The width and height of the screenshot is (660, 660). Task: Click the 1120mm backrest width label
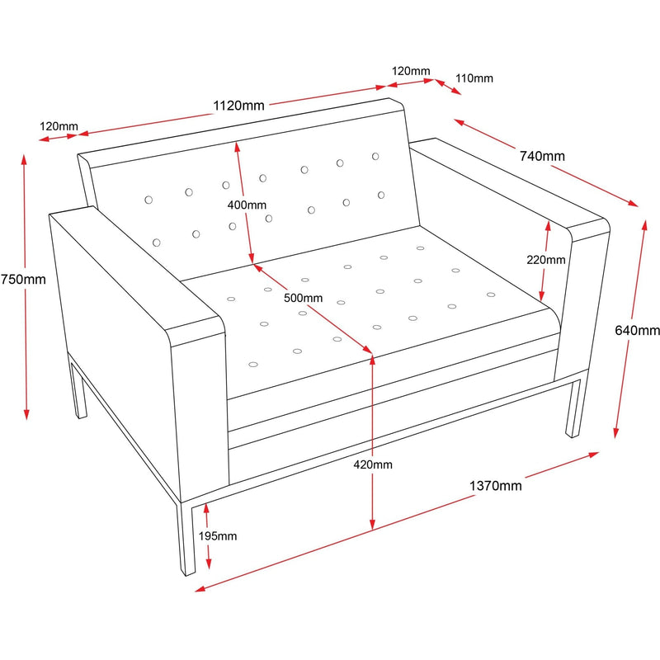pos(239,106)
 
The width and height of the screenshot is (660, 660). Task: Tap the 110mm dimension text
pos(474,78)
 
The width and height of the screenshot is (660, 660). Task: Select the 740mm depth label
pos(542,156)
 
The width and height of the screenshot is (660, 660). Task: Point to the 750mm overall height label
pos(23,279)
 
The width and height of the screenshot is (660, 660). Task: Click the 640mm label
pos(638,331)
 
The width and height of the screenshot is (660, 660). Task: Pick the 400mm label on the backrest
pos(247,205)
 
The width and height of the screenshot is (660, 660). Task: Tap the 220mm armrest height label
pos(546,259)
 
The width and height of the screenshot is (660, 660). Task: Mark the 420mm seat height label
pos(373,464)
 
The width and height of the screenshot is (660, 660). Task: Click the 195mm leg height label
pos(218,536)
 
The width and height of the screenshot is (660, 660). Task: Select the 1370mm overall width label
pos(495,486)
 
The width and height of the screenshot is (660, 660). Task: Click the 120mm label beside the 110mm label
pos(410,72)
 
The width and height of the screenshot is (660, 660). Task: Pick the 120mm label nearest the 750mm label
pos(59,126)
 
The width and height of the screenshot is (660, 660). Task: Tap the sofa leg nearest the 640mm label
pos(574,408)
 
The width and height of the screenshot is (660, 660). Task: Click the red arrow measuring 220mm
pos(544,260)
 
